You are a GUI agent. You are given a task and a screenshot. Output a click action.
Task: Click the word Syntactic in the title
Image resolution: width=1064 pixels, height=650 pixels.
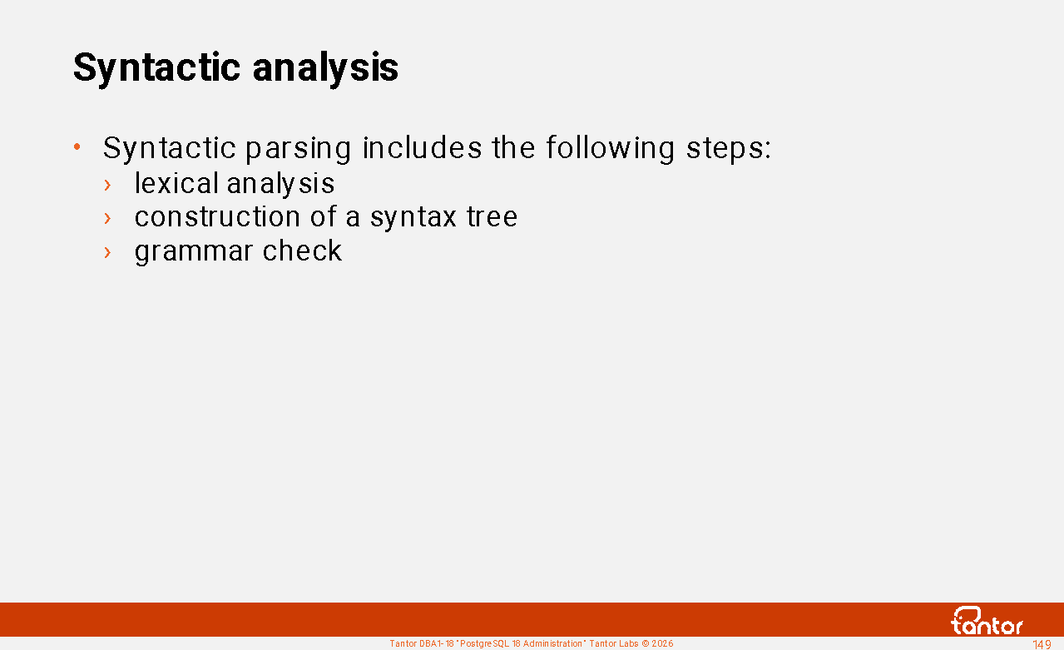click(x=156, y=69)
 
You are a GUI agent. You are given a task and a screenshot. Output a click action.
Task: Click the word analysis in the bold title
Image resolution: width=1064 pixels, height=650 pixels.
click(x=325, y=69)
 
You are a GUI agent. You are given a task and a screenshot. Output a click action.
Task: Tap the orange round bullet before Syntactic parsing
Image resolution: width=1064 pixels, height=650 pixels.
click(x=77, y=146)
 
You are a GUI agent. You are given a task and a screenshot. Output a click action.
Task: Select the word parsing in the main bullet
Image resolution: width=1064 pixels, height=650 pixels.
click(x=299, y=149)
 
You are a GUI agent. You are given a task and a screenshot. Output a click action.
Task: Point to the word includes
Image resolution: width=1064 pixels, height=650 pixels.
click(x=423, y=148)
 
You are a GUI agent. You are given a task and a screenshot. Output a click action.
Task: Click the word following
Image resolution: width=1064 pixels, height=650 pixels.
click(x=610, y=149)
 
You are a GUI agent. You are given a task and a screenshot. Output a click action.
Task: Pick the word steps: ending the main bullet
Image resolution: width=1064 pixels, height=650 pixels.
click(x=729, y=149)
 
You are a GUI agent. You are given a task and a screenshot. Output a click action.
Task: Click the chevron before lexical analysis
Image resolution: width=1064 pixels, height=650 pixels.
click(x=107, y=185)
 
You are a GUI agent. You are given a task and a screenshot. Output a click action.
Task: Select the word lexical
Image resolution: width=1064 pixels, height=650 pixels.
click(x=176, y=183)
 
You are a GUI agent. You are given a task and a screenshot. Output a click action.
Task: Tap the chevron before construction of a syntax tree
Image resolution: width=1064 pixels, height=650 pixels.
click(x=107, y=219)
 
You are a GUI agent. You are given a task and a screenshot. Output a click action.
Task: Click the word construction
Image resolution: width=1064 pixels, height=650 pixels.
click(x=217, y=216)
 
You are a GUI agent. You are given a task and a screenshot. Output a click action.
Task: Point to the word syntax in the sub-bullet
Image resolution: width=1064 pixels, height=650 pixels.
click(x=413, y=218)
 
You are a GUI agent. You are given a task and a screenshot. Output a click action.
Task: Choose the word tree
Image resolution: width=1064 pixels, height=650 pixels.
click(x=492, y=216)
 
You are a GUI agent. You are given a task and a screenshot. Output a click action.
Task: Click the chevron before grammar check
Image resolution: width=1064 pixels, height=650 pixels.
click(x=107, y=252)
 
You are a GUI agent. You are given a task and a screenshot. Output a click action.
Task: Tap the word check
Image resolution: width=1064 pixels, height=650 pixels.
click(x=302, y=251)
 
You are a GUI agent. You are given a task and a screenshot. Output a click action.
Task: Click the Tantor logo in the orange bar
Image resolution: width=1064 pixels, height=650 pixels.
click(x=987, y=621)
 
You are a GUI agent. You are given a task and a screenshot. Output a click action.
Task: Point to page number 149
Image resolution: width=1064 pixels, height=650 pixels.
click(x=1042, y=644)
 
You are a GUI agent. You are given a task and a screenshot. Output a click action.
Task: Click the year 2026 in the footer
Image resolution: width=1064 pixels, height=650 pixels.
click(x=662, y=643)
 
